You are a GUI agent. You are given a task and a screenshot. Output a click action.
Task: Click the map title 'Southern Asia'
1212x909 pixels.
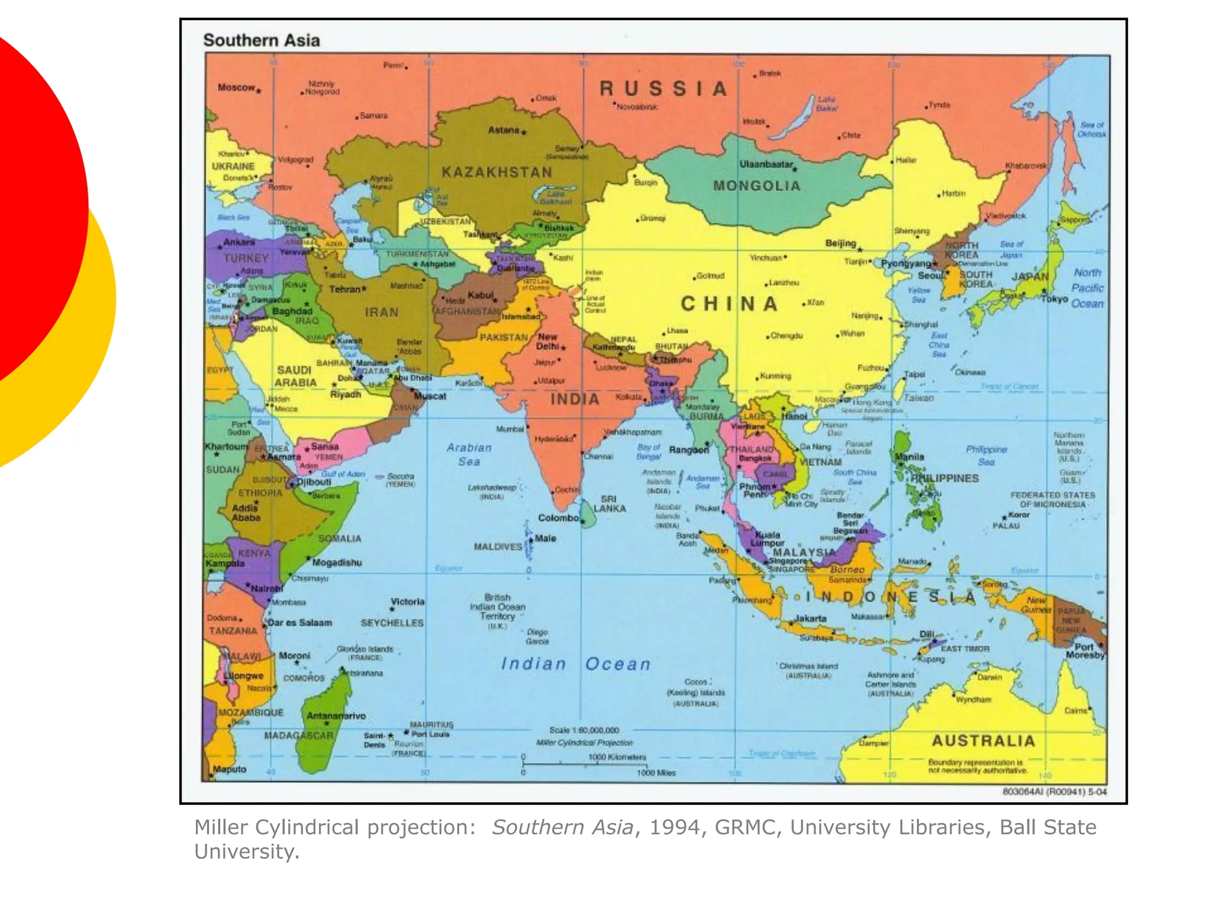(261, 40)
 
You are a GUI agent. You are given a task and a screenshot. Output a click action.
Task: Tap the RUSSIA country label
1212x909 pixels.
(663, 89)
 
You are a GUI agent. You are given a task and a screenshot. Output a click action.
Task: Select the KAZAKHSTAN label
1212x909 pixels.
(497, 172)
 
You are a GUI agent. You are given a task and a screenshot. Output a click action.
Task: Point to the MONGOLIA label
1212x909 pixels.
(756, 186)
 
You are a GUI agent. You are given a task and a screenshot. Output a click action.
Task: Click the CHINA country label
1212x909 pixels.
(729, 304)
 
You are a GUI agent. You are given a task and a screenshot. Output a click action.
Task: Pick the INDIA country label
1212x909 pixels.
(575, 399)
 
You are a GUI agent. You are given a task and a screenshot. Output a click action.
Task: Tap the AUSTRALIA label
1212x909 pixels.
(983, 741)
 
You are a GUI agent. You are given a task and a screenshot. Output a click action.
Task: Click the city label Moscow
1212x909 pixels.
(236, 88)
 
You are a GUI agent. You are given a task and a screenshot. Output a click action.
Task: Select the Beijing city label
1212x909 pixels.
(840, 243)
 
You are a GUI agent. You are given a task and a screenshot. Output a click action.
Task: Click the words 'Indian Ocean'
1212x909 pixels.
(575, 664)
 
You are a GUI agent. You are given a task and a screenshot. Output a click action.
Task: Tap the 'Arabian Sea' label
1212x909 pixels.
(469, 454)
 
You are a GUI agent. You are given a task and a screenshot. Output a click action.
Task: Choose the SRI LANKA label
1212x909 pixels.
(609, 504)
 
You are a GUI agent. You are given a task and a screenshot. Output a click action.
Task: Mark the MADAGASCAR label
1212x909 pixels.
(298, 736)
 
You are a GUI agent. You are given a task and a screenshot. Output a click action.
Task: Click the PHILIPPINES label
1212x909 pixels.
(945, 478)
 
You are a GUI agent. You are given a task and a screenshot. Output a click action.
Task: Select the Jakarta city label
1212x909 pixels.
(810, 618)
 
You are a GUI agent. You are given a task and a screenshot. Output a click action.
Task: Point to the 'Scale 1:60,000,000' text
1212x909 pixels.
(584, 730)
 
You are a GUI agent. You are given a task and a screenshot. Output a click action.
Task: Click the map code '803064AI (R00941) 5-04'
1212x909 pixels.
(1054, 792)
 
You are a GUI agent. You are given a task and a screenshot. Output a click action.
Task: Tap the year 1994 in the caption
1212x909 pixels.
(674, 827)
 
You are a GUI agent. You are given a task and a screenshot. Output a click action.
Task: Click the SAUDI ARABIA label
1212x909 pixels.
(295, 376)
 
